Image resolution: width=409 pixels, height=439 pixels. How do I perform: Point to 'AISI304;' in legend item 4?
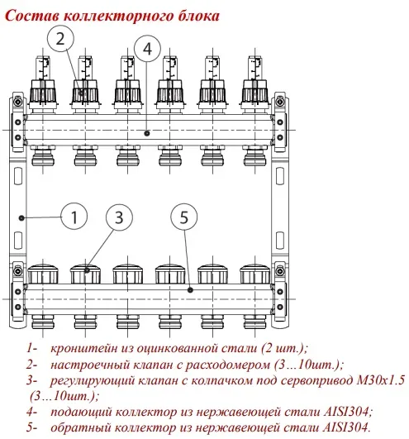[349, 412]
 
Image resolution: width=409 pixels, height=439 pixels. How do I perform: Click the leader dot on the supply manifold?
[147, 133]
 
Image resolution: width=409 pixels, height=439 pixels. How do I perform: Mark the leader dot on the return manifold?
[191, 290]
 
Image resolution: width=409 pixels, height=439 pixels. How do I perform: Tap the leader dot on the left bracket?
[21, 217]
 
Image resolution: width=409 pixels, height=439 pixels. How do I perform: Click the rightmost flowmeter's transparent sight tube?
[254, 69]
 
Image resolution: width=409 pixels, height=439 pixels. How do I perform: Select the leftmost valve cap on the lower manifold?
[43, 274]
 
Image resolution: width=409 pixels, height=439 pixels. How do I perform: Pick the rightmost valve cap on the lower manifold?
[254, 274]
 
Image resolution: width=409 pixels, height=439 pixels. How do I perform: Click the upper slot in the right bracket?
[280, 176]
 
